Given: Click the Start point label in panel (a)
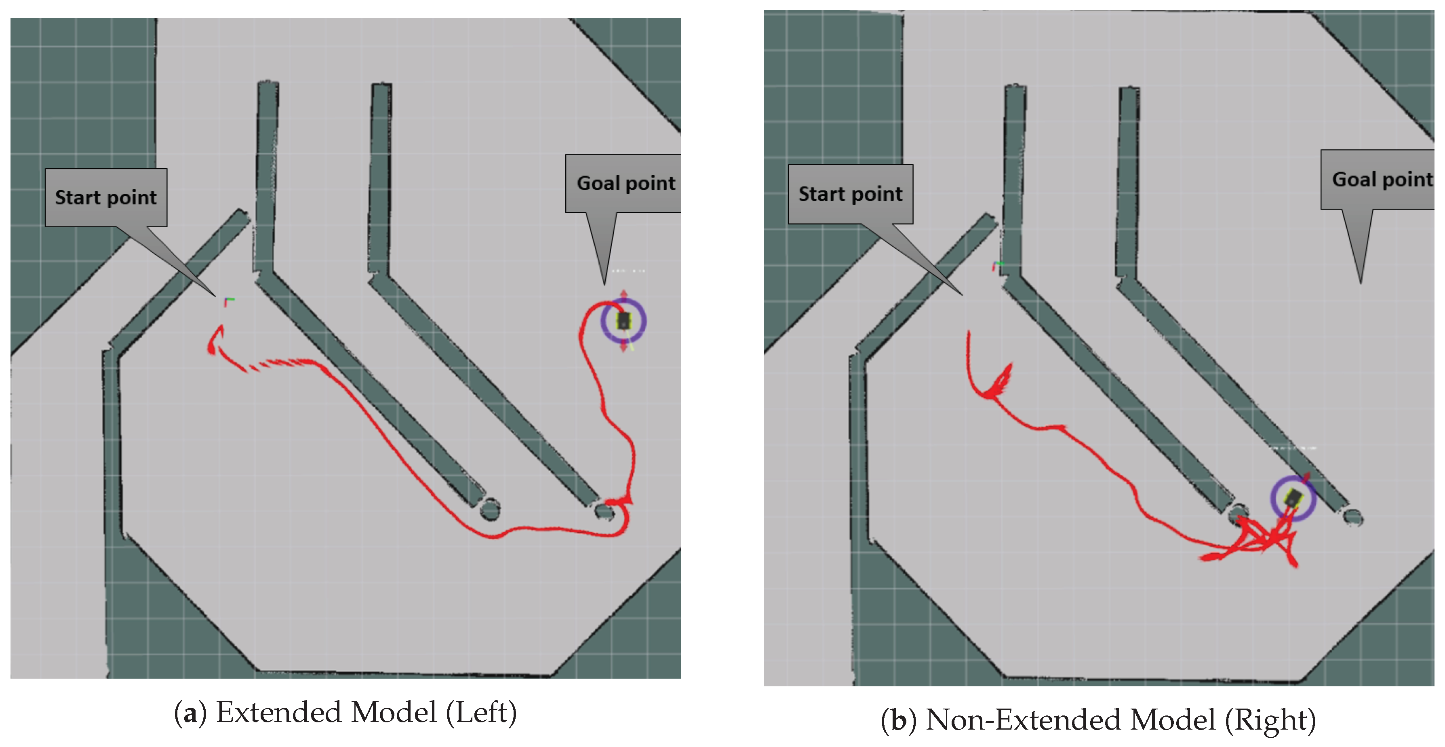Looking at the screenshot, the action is click(x=106, y=197).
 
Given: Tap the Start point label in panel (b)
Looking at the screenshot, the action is click(x=851, y=194).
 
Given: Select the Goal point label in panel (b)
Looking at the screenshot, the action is click(x=1382, y=180).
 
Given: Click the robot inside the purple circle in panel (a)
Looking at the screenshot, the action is click(x=623, y=321).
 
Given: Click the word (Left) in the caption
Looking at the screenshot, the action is click(x=481, y=713).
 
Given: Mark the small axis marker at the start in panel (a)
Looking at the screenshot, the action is click(x=228, y=302).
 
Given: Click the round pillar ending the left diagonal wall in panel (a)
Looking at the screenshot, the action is click(x=490, y=510).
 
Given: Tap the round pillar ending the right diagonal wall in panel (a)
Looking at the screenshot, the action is click(x=604, y=511).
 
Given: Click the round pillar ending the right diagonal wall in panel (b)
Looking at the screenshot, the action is click(x=1352, y=517).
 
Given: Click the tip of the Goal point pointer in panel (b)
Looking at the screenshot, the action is click(x=1360, y=282).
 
